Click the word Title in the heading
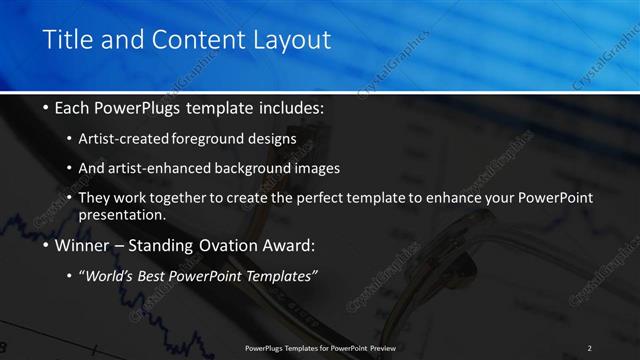point(68,40)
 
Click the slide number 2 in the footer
point(589,348)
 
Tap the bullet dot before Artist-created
point(69,138)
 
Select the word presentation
point(121,215)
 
